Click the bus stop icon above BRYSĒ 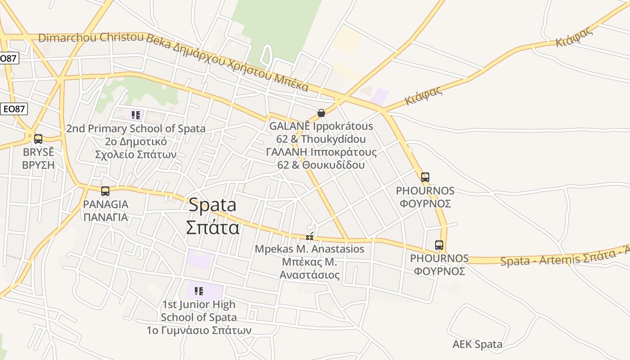click(38, 139)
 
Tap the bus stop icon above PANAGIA click(105, 191)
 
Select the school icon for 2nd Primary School click(135, 115)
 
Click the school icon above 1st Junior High click(198, 291)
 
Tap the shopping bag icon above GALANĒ click(321, 113)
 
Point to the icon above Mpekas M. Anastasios click(310, 237)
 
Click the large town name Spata click(212, 205)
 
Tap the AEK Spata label click(477, 345)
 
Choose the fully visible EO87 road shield click(13, 109)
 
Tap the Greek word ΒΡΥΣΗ click(38, 165)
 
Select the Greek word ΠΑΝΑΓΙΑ click(106, 217)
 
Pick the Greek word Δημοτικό click(136, 142)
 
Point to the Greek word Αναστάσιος click(310, 274)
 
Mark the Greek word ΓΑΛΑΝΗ click(286, 152)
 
